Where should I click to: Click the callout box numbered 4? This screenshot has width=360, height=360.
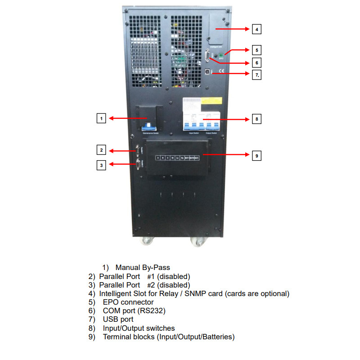click(256, 29)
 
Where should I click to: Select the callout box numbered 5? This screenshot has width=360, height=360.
click(256, 50)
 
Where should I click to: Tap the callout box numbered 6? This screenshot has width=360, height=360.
click(256, 63)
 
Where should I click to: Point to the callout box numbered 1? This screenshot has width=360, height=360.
click(102, 118)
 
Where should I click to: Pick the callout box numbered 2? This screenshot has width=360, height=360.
click(102, 150)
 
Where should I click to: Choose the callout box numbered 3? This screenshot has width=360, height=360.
click(102, 165)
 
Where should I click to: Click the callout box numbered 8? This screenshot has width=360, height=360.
click(256, 119)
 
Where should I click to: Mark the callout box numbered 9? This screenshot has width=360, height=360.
click(256, 155)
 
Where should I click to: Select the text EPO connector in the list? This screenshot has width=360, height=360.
click(128, 302)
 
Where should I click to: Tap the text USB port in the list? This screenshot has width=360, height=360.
click(118, 319)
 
